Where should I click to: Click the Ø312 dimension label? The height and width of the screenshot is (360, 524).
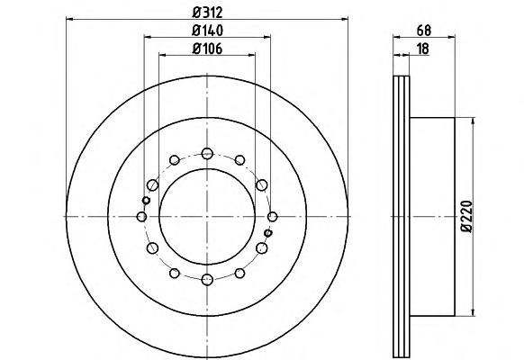point(207,13)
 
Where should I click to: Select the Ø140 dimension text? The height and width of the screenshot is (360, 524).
point(207,31)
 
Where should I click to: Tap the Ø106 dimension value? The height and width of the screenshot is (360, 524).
point(207,49)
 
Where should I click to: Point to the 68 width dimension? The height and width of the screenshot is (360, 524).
point(424,31)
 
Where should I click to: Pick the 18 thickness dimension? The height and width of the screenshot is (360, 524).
point(423,49)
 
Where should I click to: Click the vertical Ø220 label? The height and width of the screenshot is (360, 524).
point(467,216)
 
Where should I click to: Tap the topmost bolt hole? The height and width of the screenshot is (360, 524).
point(207,154)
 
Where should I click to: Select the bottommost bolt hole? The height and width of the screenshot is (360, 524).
point(207,280)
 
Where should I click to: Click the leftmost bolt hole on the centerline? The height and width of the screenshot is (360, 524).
point(141,217)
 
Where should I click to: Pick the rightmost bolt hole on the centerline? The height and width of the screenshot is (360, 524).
point(273,217)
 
